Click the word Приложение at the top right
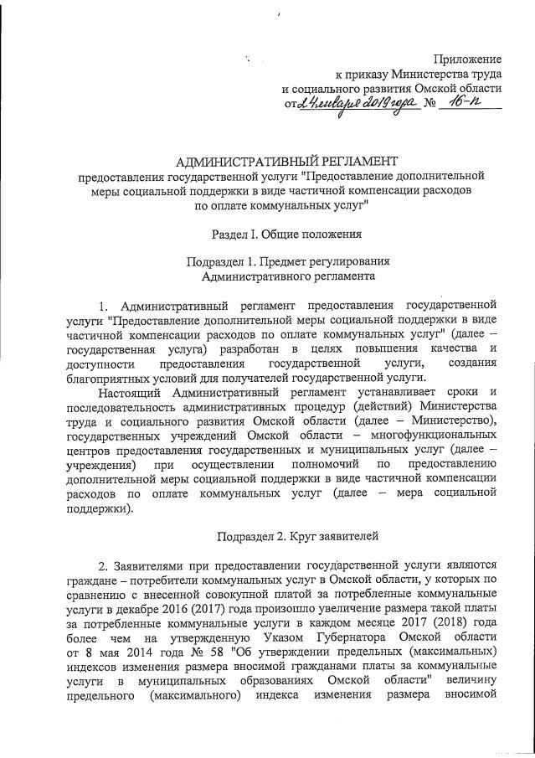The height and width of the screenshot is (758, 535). coord(466,59)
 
